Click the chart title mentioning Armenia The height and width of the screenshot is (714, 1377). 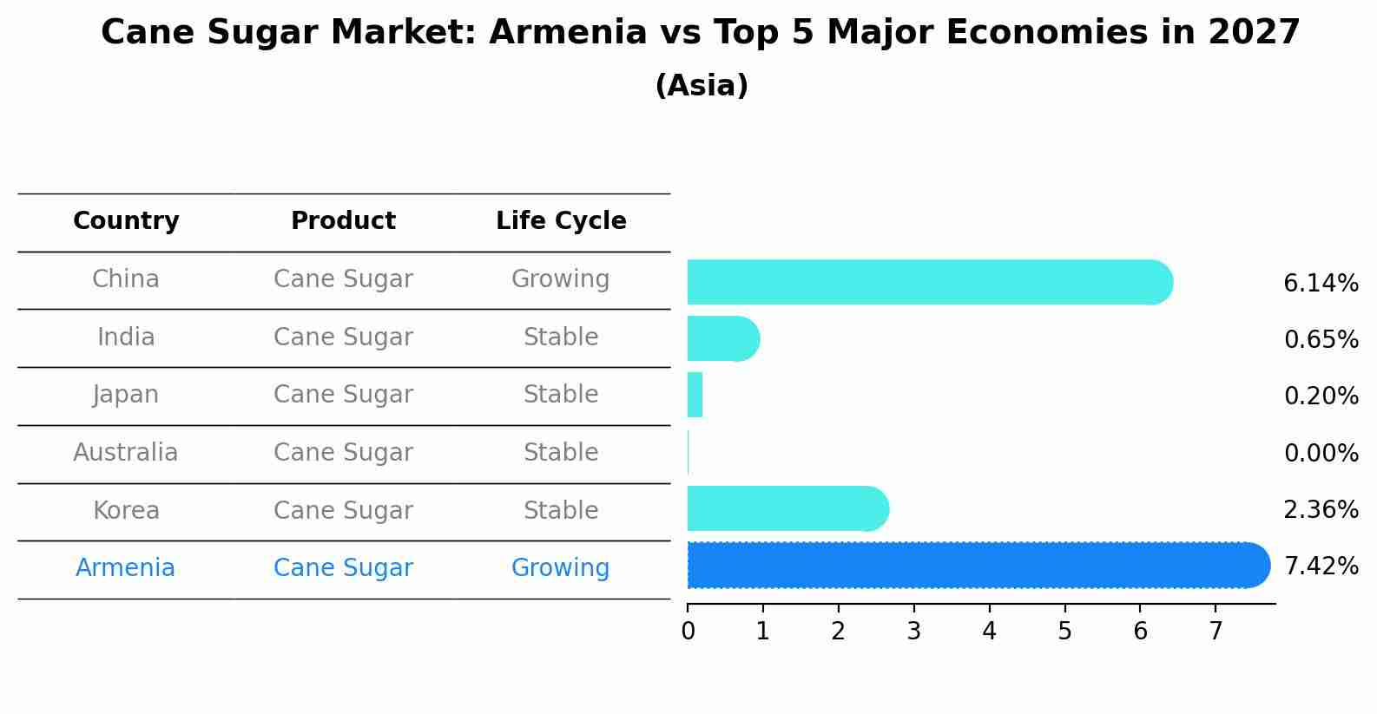700,33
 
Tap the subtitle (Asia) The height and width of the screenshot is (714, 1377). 702,86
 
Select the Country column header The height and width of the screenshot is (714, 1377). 126,221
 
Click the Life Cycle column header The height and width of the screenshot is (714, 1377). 561,221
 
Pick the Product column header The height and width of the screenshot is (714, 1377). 343,221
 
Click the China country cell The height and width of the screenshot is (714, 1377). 126,279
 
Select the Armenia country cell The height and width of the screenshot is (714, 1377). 126,568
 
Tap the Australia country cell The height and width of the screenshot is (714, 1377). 126,453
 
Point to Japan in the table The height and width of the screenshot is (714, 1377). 126,395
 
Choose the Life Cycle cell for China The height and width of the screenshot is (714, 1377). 561,279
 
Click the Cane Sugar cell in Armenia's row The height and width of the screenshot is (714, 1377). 343,568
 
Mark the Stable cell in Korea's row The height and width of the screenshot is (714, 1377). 561,510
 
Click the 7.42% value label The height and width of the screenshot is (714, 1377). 1321,567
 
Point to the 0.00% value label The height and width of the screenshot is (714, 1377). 1321,453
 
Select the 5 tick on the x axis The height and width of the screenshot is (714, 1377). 1064,632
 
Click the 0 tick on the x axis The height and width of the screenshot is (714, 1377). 688,632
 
